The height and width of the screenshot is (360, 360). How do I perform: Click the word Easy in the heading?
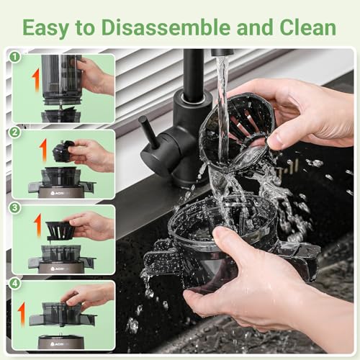[46, 28]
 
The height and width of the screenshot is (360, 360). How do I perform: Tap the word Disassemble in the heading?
[166, 27]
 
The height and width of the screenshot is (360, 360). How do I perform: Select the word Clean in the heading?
[307, 27]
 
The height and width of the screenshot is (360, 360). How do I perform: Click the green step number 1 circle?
[15, 57]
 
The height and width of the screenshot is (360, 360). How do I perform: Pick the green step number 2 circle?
[15, 132]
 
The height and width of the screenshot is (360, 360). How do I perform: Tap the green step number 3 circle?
[15, 208]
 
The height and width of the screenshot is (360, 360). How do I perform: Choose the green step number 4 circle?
[15, 284]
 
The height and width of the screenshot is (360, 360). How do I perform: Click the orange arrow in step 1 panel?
[36, 81]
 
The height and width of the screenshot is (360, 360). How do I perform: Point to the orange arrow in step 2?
[43, 150]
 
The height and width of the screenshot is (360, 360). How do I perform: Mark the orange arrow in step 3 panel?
[38, 225]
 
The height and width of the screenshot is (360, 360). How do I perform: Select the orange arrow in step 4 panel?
[22, 314]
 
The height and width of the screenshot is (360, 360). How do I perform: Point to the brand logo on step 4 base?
[57, 344]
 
